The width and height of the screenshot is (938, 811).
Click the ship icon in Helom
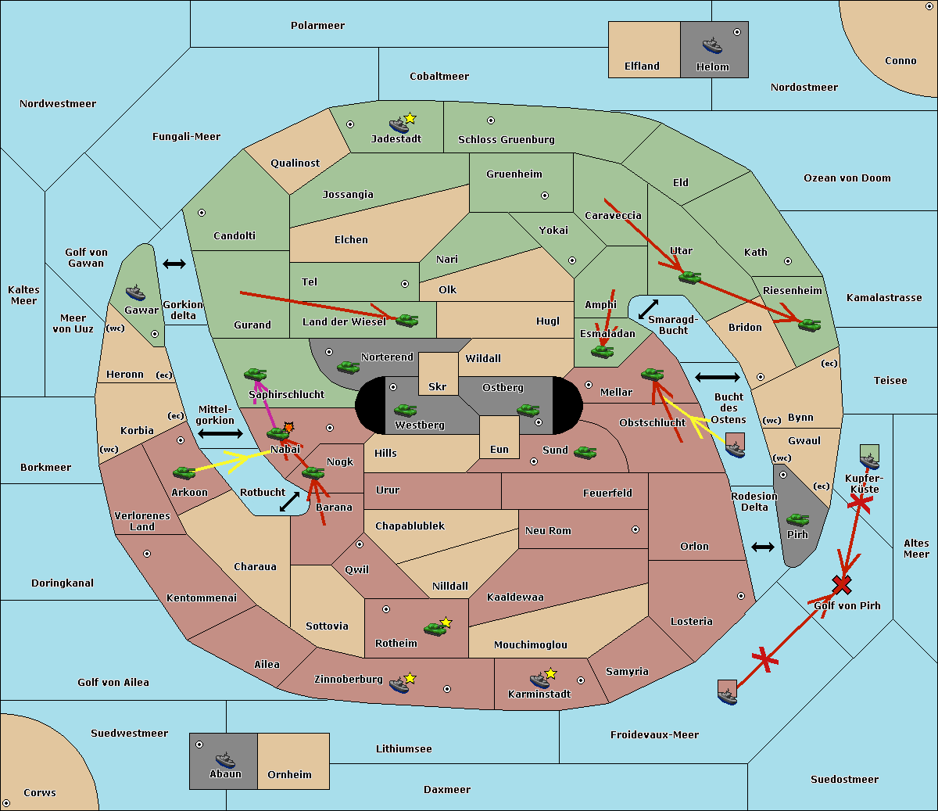point(712,45)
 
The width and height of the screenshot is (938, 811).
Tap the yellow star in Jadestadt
point(410,118)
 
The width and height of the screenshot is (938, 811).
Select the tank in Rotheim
point(435,628)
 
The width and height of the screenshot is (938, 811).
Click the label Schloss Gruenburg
point(506,140)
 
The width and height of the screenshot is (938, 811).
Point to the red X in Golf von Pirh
point(841,584)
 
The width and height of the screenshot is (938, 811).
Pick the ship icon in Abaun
point(225,759)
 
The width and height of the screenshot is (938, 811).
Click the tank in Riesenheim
point(809,324)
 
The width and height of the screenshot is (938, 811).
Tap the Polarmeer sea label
point(317,26)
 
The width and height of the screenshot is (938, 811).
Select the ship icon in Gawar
point(136,293)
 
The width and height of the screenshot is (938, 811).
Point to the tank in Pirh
point(797,519)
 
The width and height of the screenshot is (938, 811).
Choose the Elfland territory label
point(642,66)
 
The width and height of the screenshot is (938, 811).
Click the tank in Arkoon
point(184,472)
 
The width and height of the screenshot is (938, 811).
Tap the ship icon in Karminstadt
point(539,680)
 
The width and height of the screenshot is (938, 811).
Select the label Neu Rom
point(548,531)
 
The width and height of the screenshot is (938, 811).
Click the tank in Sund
point(585,452)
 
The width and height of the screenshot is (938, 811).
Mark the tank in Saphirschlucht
point(256,375)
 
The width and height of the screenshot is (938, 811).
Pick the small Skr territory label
point(438,387)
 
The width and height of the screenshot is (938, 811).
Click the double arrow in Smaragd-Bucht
point(648,310)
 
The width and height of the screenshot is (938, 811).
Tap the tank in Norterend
point(348,367)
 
